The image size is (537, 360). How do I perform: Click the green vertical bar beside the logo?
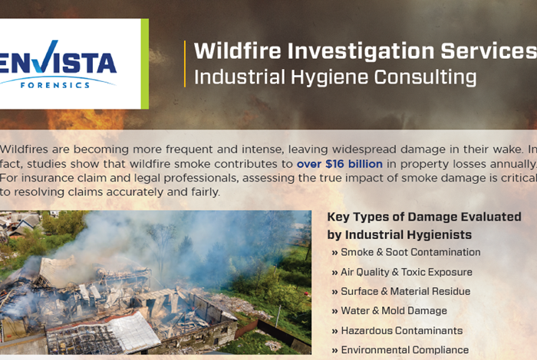(144, 64)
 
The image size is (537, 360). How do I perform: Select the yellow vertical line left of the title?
(185, 64)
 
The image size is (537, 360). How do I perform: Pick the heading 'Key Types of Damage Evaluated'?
(424, 218)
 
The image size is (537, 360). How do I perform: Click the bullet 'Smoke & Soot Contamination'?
(410, 253)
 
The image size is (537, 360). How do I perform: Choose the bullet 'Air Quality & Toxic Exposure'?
(406, 272)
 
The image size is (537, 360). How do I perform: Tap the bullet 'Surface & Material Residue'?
(405, 292)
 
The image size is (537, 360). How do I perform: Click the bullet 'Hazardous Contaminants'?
(401, 331)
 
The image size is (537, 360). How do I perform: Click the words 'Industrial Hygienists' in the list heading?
(409, 234)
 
